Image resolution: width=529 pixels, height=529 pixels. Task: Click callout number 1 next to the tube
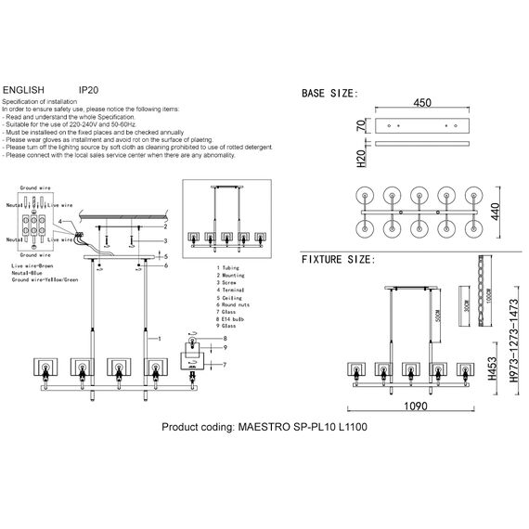click(x=162, y=339)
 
